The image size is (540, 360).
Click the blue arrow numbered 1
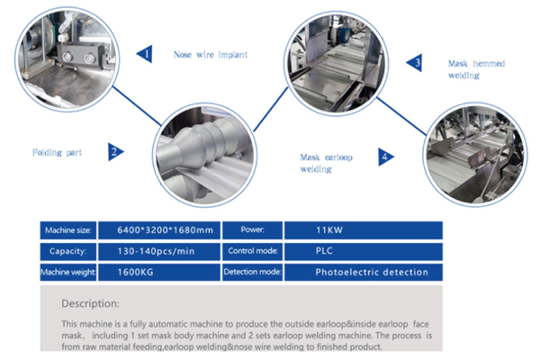click(143, 54)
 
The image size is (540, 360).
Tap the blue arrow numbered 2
click(113, 152)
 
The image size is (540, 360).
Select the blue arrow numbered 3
click(414, 63)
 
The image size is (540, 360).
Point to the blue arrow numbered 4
click(385, 157)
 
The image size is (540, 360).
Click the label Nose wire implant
click(210, 55)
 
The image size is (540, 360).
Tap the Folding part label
click(57, 152)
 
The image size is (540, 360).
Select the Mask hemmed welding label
click(476, 69)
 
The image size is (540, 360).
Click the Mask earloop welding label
click(329, 162)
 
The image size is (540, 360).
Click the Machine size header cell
click(67, 231)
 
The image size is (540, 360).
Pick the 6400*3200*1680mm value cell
click(152, 231)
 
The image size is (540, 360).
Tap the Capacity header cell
click(67, 251)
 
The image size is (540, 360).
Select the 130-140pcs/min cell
click(152, 251)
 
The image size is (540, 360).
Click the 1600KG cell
click(152, 271)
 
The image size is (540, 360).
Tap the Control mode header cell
click(248, 251)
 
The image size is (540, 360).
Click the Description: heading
click(96, 303)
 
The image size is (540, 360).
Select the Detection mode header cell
click(248, 271)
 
